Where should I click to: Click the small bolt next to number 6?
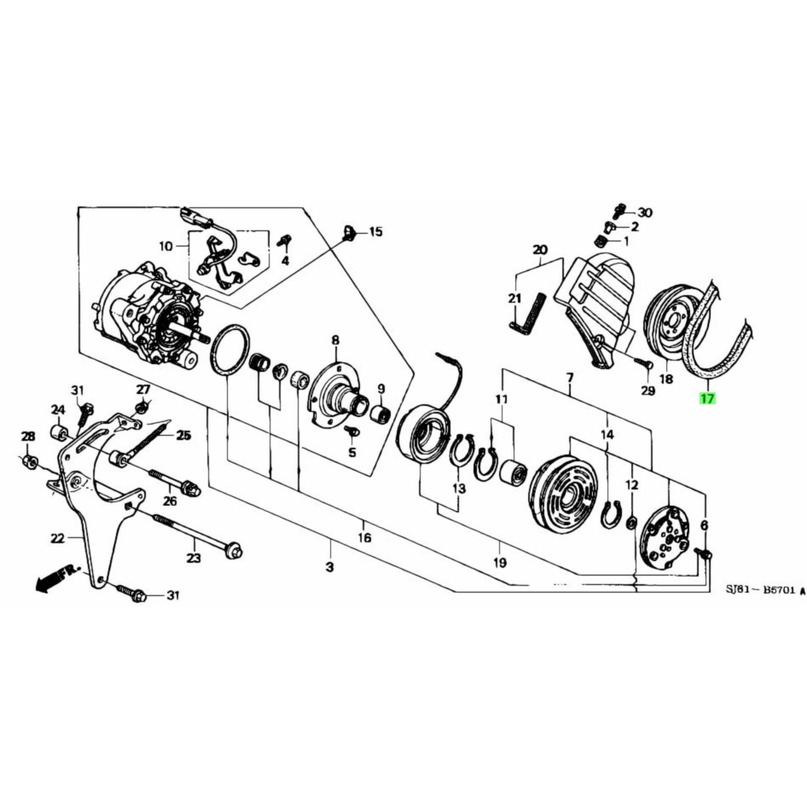coord(704,553)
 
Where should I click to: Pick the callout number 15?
coord(375,232)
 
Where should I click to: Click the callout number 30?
coord(645,213)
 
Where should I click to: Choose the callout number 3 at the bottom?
coord(330,568)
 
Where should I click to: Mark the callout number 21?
coord(514,299)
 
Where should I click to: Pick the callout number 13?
coord(459,488)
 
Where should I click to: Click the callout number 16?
coord(364,538)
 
